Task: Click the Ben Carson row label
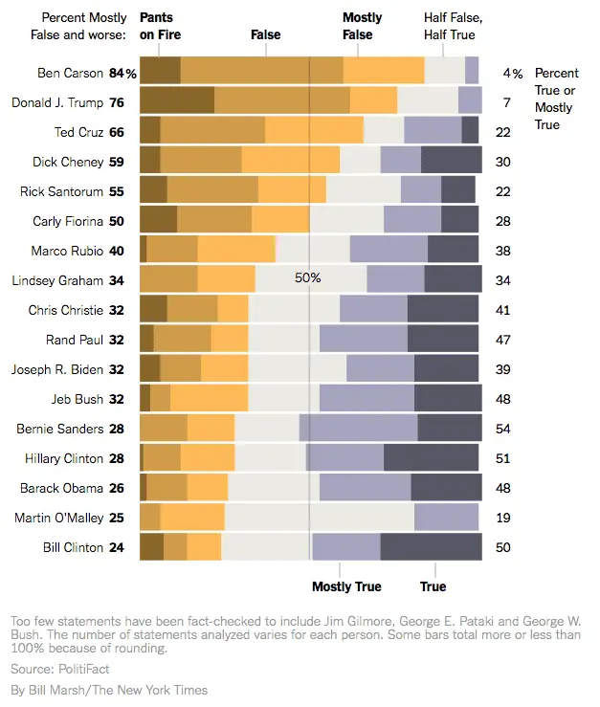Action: [x=70, y=73]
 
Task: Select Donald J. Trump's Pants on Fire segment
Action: [x=177, y=101]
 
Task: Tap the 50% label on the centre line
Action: [x=307, y=278]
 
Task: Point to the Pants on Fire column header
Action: [x=160, y=26]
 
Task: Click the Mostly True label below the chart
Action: [x=346, y=586]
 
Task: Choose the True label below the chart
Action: [x=433, y=586]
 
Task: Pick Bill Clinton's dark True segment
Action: [x=431, y=547]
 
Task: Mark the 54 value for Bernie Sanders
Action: [x=502, y=429]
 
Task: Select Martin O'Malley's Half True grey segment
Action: [x=320, y=518]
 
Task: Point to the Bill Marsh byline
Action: [x=109, y=690]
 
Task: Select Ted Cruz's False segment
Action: [x=212, y=131]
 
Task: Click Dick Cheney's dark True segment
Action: [x=451, y=161]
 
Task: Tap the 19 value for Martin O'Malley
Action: [x=502, y=518]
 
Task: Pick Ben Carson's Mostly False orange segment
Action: [x=384, y=72]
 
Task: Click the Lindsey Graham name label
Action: [x=56, y=280]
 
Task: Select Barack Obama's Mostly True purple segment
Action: [x=365, y=488]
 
